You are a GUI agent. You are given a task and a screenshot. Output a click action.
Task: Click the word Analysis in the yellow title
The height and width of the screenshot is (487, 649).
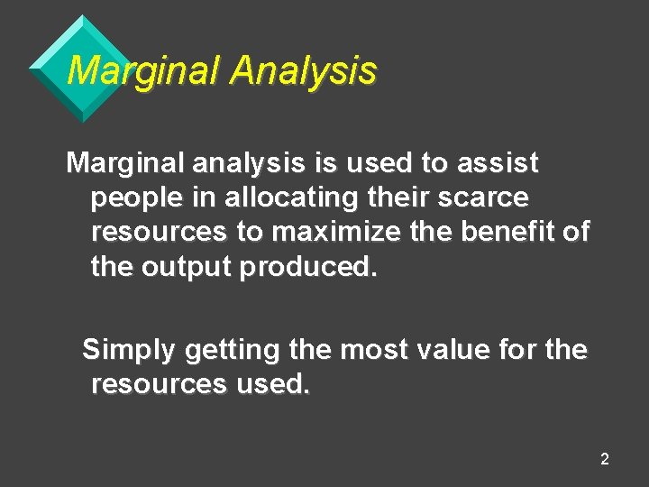click(302, 71)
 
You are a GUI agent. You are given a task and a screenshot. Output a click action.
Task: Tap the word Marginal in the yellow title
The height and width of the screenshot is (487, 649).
click(143, 71)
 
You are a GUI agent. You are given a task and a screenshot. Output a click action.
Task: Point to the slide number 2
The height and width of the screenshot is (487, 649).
click(604, 460)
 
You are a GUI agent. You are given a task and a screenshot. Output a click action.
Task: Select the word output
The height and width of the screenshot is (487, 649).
click(188, 266)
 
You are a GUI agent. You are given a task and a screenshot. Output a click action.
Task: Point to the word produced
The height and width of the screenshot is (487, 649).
click(306, 266)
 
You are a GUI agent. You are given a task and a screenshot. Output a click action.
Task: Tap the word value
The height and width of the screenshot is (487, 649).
click(463, 349)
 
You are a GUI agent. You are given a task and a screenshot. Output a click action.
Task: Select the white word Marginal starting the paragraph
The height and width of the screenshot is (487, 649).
click(124, 163)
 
